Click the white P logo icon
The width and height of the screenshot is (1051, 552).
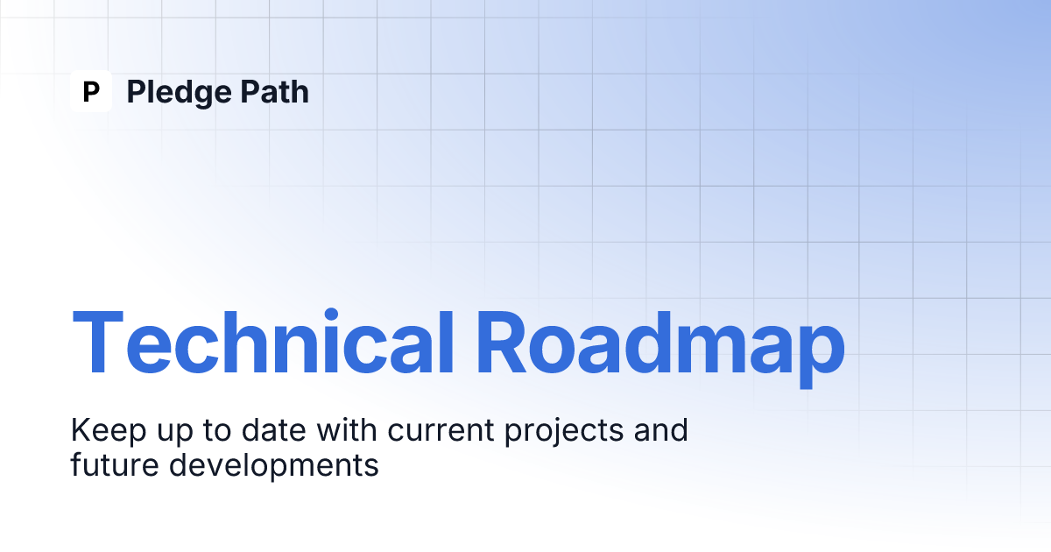tap(91, 91)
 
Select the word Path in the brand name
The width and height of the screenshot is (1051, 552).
tap(275, 91)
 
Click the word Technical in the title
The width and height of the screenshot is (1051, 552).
tap(263, 342)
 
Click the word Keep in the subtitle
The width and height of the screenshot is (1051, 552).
tap(109, 431)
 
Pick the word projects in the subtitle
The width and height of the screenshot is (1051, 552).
tap(564, 431)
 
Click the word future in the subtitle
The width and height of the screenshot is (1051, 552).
tap(115, 464)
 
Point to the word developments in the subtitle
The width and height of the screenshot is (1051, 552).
tap(274, 466)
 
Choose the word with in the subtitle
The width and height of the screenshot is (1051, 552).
tap(347, 429)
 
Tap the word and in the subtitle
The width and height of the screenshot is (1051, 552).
tap(661, 429)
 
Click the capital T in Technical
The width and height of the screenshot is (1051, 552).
tap(98, 342)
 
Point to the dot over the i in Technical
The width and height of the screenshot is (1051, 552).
tap(331, 315)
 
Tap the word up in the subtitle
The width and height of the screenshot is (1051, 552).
tap(174, 434)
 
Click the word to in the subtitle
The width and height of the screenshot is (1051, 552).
tap(217, 431)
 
